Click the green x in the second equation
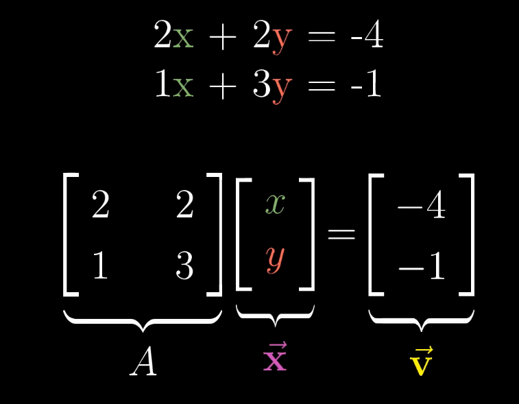click(183, 87)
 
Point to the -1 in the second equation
click(365, 85)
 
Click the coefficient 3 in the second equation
click(262, 85)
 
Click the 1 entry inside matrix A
click(100, 265)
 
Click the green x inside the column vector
click(275, 204)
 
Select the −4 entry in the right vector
click(421, 206)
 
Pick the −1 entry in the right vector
click(421, 265)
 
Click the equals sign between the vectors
click(341, 235)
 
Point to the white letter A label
click(143, 361)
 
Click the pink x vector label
click(275, 358)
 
